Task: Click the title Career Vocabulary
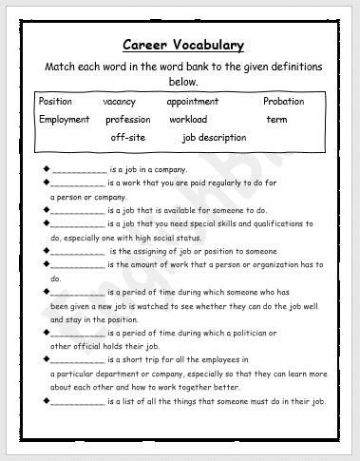click(x=183, y=45)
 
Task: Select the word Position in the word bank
click(x=56, y=102)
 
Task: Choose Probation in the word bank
click(x=284, y=102)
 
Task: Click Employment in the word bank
click(x=65, y=120)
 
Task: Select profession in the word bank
click(x=127, y=120)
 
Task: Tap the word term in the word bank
click(x=276, y=120)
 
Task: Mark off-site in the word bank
click(x=129, y=138)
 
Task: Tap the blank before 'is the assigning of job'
click(x=78, y=252)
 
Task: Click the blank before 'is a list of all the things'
click(x=78, y=403)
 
